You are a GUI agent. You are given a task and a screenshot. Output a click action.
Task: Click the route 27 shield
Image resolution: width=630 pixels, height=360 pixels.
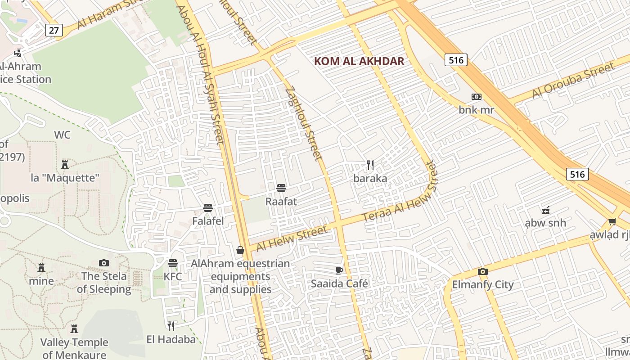(54, 30)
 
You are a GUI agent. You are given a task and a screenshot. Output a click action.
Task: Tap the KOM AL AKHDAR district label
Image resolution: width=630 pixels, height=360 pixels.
(359, 61)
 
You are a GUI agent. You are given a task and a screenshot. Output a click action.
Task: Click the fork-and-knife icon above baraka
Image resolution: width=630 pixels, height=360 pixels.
(370, 165)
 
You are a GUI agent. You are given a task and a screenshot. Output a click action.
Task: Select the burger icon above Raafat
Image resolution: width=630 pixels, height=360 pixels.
(281, 188)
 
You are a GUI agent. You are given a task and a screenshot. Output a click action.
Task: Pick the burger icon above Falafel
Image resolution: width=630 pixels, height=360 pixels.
(208, 208)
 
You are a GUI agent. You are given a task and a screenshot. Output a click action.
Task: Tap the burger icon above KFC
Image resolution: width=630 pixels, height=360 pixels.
(173, 263)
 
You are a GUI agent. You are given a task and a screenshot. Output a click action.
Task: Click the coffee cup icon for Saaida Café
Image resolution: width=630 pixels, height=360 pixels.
(339, 270)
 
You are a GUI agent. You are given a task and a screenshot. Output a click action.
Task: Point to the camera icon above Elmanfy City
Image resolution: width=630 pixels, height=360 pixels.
(483, 271)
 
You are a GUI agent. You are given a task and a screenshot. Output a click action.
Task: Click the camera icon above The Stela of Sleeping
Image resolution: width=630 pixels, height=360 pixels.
(104, 263)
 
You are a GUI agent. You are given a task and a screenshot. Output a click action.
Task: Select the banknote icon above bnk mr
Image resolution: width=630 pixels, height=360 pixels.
(476, 97)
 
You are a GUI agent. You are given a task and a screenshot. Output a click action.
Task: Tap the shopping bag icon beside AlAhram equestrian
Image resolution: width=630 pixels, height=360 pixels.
(240, 250)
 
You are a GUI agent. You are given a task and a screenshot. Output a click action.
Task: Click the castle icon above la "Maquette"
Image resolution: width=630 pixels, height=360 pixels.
(65, 164)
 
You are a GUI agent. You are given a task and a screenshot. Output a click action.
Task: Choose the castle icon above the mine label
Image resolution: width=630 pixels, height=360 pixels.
(41, 268)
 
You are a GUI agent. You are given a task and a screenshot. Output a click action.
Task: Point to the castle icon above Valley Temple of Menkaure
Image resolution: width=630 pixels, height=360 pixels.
(74, 329)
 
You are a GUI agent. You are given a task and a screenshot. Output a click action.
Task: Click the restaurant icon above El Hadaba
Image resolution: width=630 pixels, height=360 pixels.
(171, 326)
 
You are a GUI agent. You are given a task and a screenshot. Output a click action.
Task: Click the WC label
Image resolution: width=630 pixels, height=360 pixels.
(62, 135)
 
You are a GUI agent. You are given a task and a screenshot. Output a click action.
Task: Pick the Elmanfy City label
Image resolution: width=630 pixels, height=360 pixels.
(483, 284)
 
